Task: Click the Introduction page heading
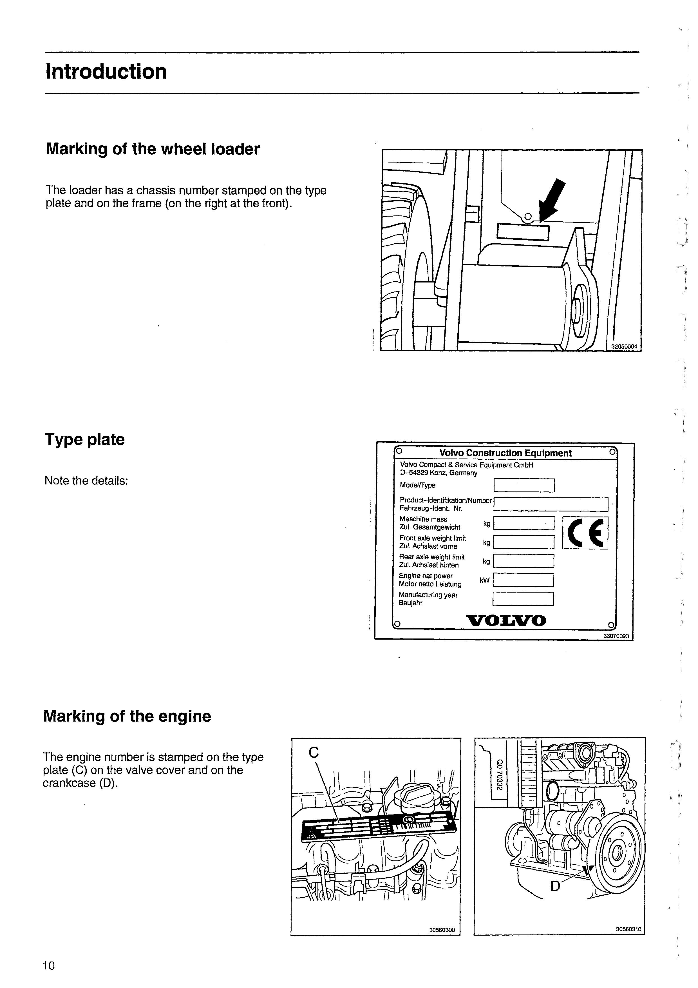tap(106, 72)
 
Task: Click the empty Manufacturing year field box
tap(523, 598)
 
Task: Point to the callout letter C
tap(314, 752)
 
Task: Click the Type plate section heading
tap(85, 439)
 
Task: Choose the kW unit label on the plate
tap(485, 580)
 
